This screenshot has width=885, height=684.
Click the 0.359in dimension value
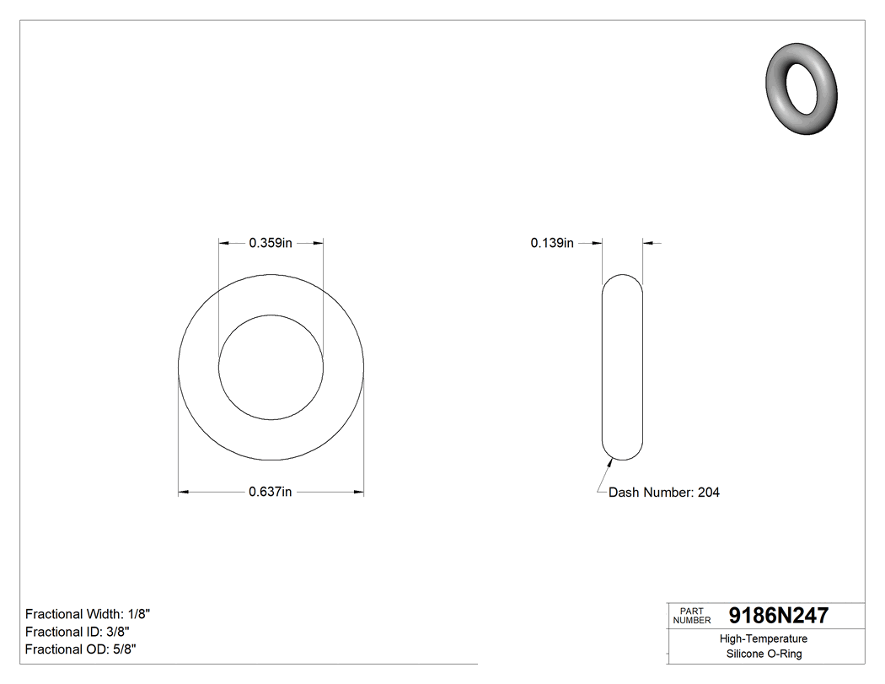pyautogui.click(x=270, y=243)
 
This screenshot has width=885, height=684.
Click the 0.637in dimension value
pyautogui.click(x=270, y=493)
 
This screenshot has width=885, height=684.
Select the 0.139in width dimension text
pyautogui.click(x=552, y=243)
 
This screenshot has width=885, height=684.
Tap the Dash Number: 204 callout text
pyautogui.click(x=664, y=493)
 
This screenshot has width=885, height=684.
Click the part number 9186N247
pyautogui.click(x=778, y=616)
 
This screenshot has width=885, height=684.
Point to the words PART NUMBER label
pyautogui.click(x=692, y=616)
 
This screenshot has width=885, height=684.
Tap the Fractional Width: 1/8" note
pyautogui.click(x=88, y=614)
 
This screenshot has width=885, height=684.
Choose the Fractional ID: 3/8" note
pyautogui.click(x=78, y=632)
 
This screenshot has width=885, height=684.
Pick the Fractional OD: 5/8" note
pyautogui.click(x=81, y=649)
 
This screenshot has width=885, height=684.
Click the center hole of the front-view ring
pyautogui.click(x=271, y=367)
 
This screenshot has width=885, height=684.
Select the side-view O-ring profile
pyautogui.click(x=623, y=367)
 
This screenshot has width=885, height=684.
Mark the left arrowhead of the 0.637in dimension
pyautogui.click(x=183, y=492)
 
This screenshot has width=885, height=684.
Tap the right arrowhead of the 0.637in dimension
pyautogui.click(x=359, y=492)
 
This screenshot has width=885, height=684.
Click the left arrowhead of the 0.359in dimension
pyautogui.click(x=224, y=243)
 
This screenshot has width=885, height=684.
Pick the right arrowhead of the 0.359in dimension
pyautogui.click(x=319, y=243)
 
